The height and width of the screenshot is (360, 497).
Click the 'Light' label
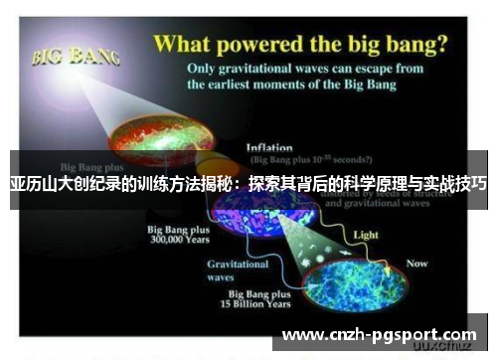(x=367, y=235)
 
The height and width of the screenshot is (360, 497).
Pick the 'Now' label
(x=415, y=264)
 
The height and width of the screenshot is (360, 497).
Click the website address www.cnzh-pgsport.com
(x=379, y=334)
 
